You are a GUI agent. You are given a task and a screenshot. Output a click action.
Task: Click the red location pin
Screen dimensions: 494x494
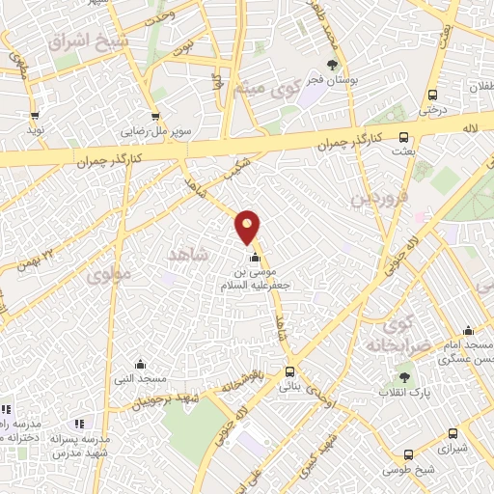point(248,227)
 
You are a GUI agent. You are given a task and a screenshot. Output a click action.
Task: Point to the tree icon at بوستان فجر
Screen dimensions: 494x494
point(333,65)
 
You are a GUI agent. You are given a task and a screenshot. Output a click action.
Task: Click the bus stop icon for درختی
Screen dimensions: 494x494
point(431,95)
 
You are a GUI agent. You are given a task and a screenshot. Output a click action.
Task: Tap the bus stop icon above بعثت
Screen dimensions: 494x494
point(403,137)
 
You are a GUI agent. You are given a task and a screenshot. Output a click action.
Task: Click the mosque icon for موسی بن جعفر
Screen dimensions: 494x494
point(255,258)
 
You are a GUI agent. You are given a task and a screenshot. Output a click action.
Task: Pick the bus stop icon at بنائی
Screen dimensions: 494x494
point(290,371)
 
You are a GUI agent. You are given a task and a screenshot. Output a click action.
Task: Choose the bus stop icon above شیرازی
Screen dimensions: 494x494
point(452,434)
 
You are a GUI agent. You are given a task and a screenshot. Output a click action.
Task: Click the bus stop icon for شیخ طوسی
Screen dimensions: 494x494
point(409,455)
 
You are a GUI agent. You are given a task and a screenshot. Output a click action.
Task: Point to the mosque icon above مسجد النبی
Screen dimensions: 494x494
point(141,364)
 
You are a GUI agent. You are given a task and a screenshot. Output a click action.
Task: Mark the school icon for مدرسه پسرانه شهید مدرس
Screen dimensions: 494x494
point(80,424)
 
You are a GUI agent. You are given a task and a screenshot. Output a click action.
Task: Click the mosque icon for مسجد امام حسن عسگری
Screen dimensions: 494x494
point(468,330)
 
